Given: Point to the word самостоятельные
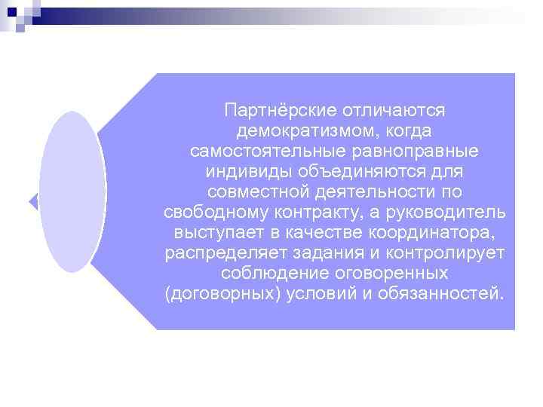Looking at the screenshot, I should click(x=256, y=151).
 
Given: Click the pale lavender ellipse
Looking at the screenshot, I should click(x=72, y=191).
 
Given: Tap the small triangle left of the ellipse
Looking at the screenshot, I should click(x=33, y=201).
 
